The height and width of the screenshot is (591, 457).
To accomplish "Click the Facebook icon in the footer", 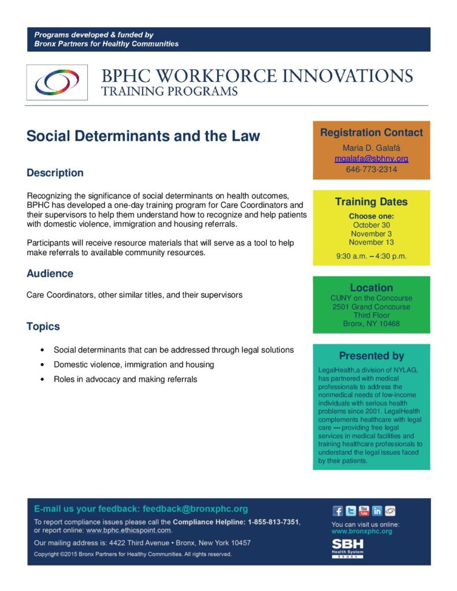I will point(337,511).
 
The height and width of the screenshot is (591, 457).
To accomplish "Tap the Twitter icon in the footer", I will point(351,511).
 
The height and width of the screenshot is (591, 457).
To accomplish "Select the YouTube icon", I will point(364,511).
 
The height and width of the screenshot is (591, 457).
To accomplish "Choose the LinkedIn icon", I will point(377,511).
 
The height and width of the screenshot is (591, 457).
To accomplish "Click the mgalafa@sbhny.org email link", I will point(371,159).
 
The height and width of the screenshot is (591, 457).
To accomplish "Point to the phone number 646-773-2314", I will point(371,170).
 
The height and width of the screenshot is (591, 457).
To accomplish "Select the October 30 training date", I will point(371,225).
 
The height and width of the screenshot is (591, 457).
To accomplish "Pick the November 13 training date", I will point(371,242).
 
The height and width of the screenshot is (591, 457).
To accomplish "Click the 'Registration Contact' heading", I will point(371,133).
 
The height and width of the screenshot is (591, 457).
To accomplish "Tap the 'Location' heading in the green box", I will point(371,287).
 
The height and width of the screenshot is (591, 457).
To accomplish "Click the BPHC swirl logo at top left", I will point(57,83).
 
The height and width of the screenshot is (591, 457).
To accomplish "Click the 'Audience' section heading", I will point(50,274).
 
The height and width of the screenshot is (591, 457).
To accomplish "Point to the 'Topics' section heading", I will point(43,327).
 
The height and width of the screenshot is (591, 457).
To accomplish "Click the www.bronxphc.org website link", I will point(362,531).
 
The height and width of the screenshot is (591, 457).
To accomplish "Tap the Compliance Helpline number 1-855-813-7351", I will point(273,522).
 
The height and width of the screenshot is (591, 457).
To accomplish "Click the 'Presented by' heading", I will point(371,356).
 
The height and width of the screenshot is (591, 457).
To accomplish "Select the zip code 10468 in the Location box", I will point(389,324).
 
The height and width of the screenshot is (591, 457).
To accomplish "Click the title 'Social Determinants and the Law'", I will point(143,137).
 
